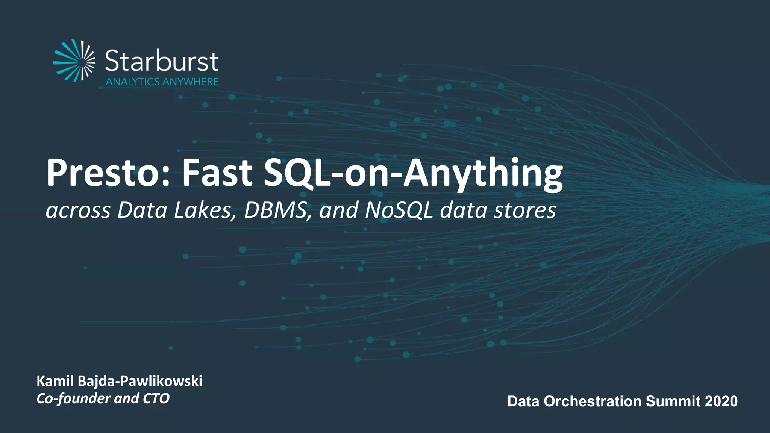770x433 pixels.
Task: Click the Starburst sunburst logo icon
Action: pos(74,60)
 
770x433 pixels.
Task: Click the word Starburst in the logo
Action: pos(162,61)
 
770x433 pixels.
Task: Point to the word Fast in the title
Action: pos(217,173)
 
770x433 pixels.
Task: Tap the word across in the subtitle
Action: pos(78,210)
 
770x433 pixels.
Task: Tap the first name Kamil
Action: pos(55,381)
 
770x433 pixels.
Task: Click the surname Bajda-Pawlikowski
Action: pos(140,381)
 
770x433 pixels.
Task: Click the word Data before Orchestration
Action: pos(523,401)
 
